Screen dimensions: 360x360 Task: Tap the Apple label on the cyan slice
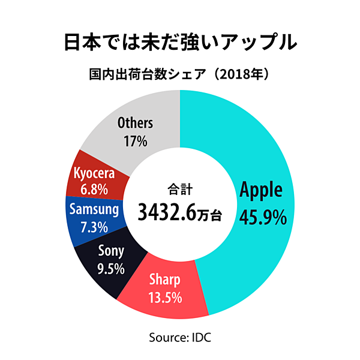point(261,190)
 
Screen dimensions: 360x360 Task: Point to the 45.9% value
point(262,216)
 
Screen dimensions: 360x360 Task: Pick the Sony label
point(110,251)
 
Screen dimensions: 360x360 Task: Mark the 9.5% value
point(110,268)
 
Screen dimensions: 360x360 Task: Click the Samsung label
point(94,209)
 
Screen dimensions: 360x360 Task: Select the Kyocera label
point(94,173)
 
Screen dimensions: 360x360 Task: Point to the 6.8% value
point(94,190)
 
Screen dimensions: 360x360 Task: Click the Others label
point(135,124)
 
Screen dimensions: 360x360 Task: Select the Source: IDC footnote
point(180,337)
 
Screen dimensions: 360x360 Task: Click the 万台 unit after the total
point(210,214)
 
